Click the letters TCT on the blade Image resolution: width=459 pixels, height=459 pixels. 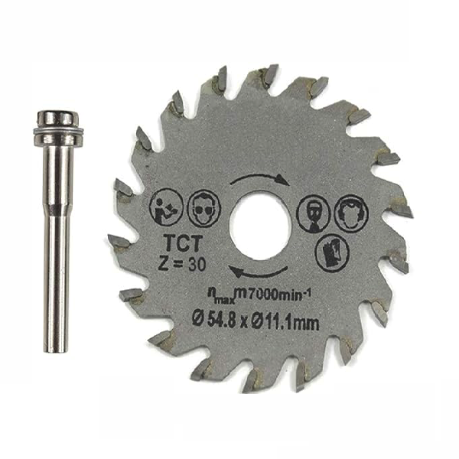click(x=184, y=243)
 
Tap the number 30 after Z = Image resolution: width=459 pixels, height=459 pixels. click(x=197, y=264)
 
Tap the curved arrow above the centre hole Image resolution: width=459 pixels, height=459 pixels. click(x=260, y=178)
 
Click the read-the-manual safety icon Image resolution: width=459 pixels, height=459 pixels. click(x=166, y=207)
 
